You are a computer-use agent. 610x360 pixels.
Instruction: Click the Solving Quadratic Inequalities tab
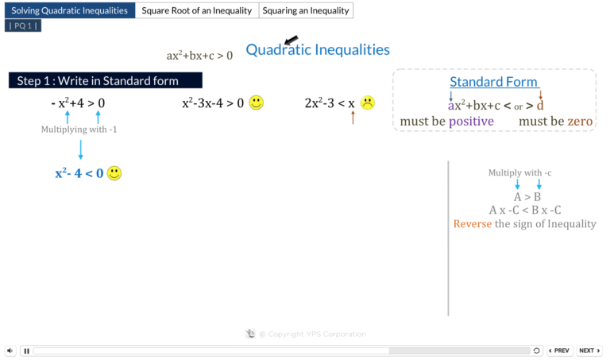[x=70, y=10]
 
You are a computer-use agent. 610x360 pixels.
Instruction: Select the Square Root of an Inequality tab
[x=197, y=10]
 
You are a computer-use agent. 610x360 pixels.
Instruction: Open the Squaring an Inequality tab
[x=306, y=10]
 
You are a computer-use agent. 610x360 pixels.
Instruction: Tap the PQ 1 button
[x=23, y=25]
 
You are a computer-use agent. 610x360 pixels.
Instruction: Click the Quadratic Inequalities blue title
[x=318, y=50]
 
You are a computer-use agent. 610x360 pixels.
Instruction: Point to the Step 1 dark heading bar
[x=106, y=80]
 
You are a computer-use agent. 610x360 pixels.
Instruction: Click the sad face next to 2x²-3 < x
[x=367, y=103]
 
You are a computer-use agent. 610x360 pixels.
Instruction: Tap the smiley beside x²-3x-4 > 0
[x=256, y=103]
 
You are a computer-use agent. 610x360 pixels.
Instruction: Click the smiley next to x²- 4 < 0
[x=114, y=173]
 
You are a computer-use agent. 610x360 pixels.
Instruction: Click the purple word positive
[x=471, y=122]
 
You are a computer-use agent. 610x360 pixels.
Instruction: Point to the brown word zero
[x=580, y=122]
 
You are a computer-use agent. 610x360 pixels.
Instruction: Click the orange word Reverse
[x=473, y=224]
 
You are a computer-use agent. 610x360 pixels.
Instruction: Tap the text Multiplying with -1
[x=79, y=130]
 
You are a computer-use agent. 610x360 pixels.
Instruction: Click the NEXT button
[x=589, y=350]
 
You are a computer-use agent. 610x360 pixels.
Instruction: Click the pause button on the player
[x=27, y=351]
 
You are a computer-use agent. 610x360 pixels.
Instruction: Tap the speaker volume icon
[x=10, y=350]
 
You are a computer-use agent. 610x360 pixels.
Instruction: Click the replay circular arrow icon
[x=536, y=350]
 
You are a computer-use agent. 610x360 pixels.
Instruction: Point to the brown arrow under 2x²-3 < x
[x=353, y=118]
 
